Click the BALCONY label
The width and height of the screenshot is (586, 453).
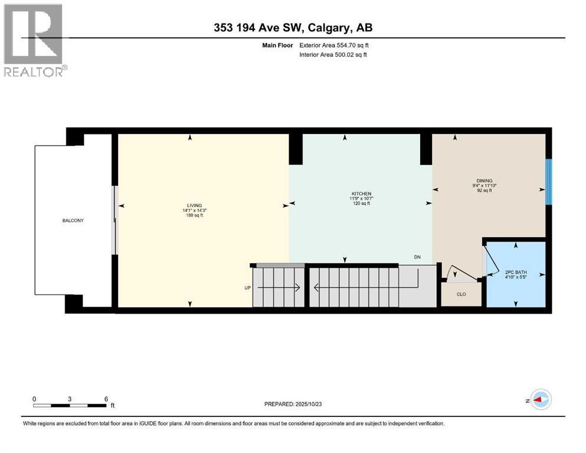(73, 221)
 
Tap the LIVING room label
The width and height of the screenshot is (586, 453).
(194, 205)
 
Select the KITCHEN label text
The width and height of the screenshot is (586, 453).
(361, 193)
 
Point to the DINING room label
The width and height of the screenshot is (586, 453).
(484, 180)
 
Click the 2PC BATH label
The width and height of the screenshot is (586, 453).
(516, 273)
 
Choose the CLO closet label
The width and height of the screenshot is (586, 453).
(461, 294)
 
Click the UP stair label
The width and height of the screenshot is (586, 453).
(247, 288)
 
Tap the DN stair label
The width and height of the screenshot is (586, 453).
(417, 257)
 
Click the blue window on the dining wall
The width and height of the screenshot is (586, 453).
(549, 182)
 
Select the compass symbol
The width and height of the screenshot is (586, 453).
(541, 399)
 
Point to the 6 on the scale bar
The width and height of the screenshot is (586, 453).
(106, 399)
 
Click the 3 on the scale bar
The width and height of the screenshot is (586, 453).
(70, 399)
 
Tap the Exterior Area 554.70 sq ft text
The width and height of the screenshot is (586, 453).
(334, 45)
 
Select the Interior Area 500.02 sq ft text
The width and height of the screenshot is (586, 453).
(333, 54)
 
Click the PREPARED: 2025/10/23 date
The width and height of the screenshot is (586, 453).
(293, 404)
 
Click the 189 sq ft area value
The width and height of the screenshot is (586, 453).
(194, 215)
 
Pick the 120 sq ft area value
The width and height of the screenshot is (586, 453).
(361, 203)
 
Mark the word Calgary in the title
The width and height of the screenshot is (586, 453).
(329, 28)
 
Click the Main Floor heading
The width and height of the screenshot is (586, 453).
(277, 45)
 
